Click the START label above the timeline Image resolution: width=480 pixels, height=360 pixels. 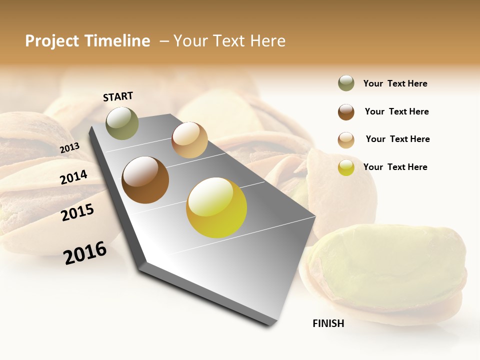[x=118, y=96]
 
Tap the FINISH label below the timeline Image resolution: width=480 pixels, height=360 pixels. [x=328, y=323]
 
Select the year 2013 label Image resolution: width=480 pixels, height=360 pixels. [x=69, y=148]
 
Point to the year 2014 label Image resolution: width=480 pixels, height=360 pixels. [x=73, y=177]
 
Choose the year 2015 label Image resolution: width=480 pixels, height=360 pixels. [x=77, y=212]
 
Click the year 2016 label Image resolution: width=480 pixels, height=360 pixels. [x=85, y=252]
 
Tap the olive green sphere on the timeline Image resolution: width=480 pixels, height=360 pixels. [x=122, y=123]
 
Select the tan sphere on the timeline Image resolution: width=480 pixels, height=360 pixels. [x=189, y=140]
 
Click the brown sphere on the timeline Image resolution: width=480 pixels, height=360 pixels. [x=145, y=180]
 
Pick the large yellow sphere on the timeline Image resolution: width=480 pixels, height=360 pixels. [x=216, y=207]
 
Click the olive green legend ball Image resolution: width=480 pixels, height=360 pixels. [x=346, y=83]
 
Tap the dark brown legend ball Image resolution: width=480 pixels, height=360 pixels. [x=346, y=112]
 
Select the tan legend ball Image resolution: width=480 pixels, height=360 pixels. [x=346, y=140]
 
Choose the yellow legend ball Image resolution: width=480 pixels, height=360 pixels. [x=346, y=167]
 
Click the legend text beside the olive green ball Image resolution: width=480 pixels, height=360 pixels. [x=395, y=83]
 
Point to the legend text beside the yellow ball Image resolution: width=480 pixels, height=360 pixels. [x=395, y=167]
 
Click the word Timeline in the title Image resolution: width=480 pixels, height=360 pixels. [x=117, y=41]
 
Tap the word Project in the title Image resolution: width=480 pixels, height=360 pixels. [x=52, y=41]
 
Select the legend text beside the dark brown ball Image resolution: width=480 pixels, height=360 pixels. [x=396, y=111]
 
